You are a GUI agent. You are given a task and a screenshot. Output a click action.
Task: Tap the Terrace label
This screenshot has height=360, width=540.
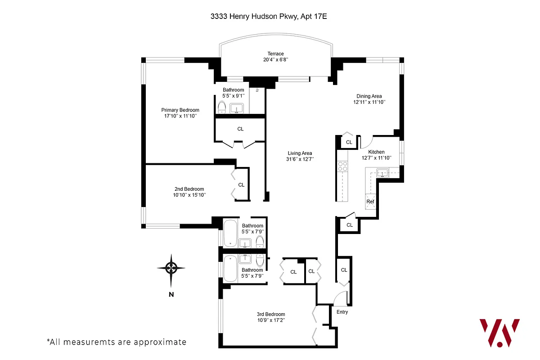pos(275,54)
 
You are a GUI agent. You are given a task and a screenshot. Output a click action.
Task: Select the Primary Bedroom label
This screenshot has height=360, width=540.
pos(180,110)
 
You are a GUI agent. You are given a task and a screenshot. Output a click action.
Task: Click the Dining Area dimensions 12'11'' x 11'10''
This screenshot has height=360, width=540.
pos(369,102)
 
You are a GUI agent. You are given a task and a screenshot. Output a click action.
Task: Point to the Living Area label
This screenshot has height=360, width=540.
pos(299,153)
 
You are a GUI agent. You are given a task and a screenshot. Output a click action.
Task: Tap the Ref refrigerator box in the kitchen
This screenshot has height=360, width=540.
pos(370,202)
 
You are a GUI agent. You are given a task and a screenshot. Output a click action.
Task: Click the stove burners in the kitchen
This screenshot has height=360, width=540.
pos(343,166)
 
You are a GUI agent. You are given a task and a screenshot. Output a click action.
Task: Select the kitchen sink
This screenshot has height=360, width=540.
pos(382,173)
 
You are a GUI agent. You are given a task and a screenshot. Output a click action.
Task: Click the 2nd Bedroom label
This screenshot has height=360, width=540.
pos(189,189)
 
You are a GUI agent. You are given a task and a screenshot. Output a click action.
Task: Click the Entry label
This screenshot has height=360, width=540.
pos(342,312)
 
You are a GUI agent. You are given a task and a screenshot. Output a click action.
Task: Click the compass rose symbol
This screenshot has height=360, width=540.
pos(171,268)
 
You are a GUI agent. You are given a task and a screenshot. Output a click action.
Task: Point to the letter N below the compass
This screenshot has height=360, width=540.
pos(171,295)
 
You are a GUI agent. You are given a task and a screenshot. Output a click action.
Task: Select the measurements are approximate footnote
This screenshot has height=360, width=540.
pos(116,342)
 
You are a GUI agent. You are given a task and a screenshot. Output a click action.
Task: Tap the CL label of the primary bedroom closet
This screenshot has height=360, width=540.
pos(240,129)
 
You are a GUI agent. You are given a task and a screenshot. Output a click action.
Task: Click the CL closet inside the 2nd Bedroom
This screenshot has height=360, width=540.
pos(241,184)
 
